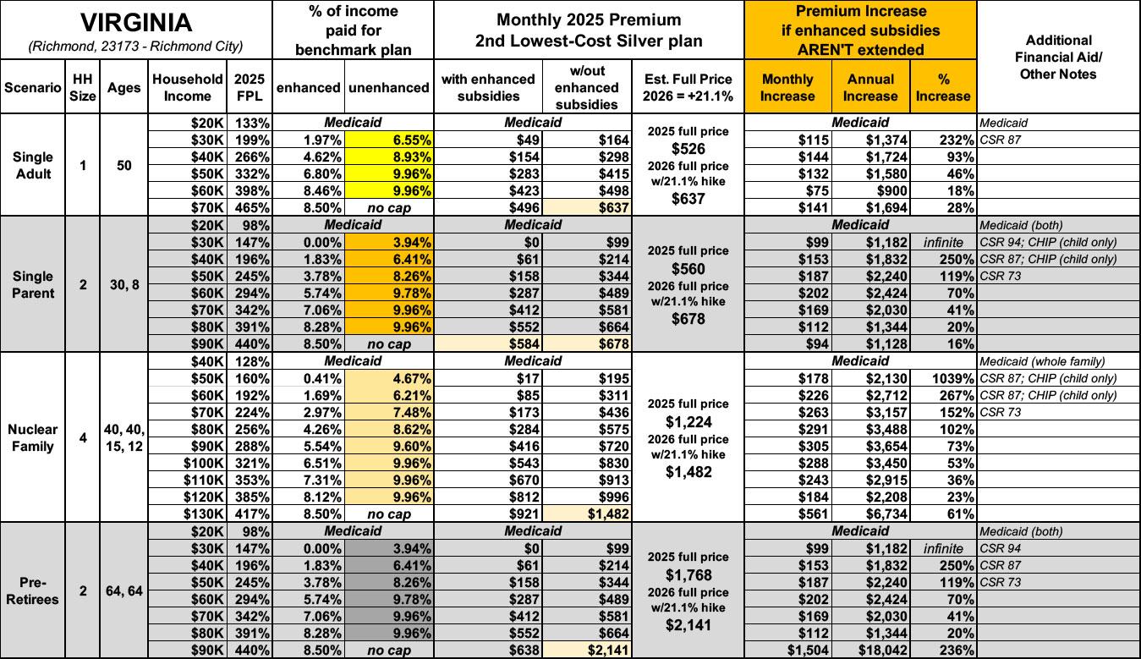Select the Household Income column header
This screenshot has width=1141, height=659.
pyautogui.click(x=188, y=87)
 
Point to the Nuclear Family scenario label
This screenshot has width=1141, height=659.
pyautogui.click(x=32, y=437)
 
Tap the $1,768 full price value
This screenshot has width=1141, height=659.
pyautogui.click(x=688, y=574)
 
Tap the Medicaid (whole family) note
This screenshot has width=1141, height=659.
pyautogui.click(x=1036, y=361)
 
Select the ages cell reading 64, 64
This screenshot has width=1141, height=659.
pyautogui.click(x=123, y=590)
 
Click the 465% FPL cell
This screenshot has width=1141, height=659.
pyautogui.click(x=252, y=207)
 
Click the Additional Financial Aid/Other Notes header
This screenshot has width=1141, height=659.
pyautogui.click(x=1058, y=58)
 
